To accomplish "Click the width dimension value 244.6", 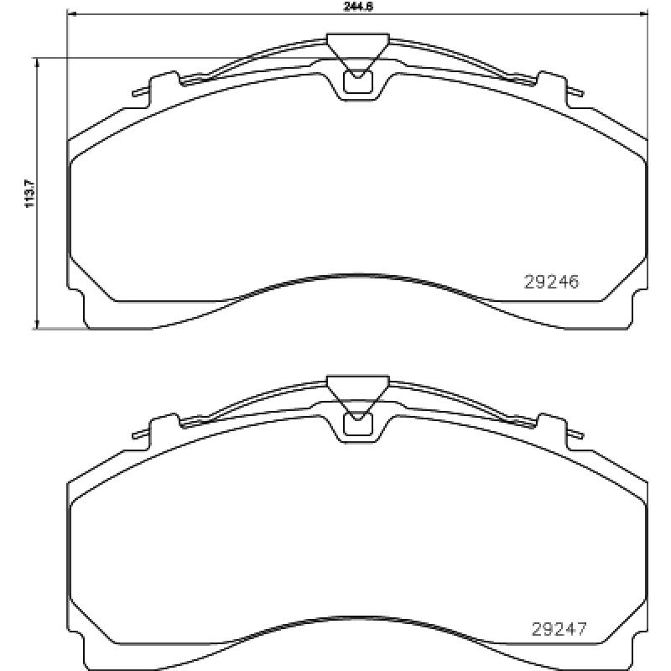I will coord(358,6).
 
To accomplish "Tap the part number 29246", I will coord(551,283).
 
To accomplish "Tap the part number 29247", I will coord(559,628).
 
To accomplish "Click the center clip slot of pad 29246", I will coord(358,82).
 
